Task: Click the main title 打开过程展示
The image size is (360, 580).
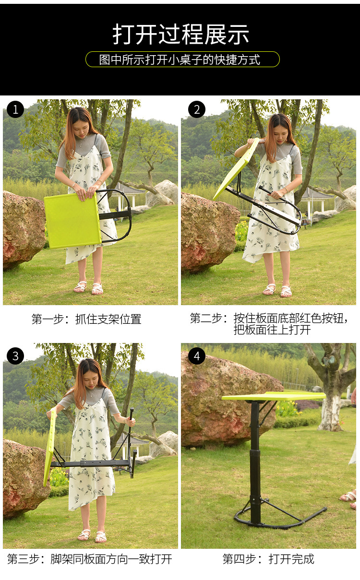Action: click(180, 34)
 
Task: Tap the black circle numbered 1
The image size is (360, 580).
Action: click(15, 109)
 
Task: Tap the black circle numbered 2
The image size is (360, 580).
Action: click(197, 109)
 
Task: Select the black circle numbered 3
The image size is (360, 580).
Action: click(15, 356)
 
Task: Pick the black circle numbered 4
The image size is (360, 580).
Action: click(197, 356)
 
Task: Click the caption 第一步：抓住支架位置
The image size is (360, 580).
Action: click(86, 319)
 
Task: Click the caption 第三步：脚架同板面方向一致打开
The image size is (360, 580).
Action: click(90, 559)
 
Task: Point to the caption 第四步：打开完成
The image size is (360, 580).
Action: click(268, 559)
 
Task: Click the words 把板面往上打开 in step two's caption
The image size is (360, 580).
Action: click(272, 330)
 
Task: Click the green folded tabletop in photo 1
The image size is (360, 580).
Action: click(72, 221)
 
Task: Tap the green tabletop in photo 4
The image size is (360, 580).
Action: click(274, 396)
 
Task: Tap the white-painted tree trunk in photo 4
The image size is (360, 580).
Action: click(330, 414)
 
